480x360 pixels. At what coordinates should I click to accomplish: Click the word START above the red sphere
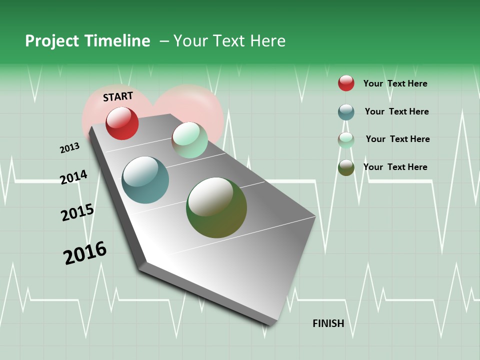coord(118,96)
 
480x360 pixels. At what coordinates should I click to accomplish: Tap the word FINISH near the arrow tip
coord(328,323)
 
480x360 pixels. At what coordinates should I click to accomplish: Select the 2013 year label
coord(69,148)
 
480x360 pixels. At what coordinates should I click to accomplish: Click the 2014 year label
coord(73,177)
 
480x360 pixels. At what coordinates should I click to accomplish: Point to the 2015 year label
coord(77,212)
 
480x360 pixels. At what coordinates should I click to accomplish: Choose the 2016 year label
coord(85,253)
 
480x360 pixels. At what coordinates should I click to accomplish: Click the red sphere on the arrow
coord(122,123)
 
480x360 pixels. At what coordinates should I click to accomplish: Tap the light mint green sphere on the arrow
coord(189,140)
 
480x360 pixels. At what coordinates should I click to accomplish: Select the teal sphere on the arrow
coord(145,180)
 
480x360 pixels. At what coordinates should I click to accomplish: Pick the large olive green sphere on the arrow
coord(216,207)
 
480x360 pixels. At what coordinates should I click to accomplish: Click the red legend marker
coord(346,83)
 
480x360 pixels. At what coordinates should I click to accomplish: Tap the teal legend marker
coord(346,112)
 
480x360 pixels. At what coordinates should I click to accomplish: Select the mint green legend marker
coord(346,140)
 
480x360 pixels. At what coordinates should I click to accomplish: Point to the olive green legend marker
coord(346,167)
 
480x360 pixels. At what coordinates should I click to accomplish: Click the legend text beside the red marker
coord(395,83)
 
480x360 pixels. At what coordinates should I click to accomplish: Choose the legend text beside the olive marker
coord(395,167)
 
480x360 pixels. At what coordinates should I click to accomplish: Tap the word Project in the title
coord(52,41)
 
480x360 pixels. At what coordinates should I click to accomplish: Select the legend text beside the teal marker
coord(396,111)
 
